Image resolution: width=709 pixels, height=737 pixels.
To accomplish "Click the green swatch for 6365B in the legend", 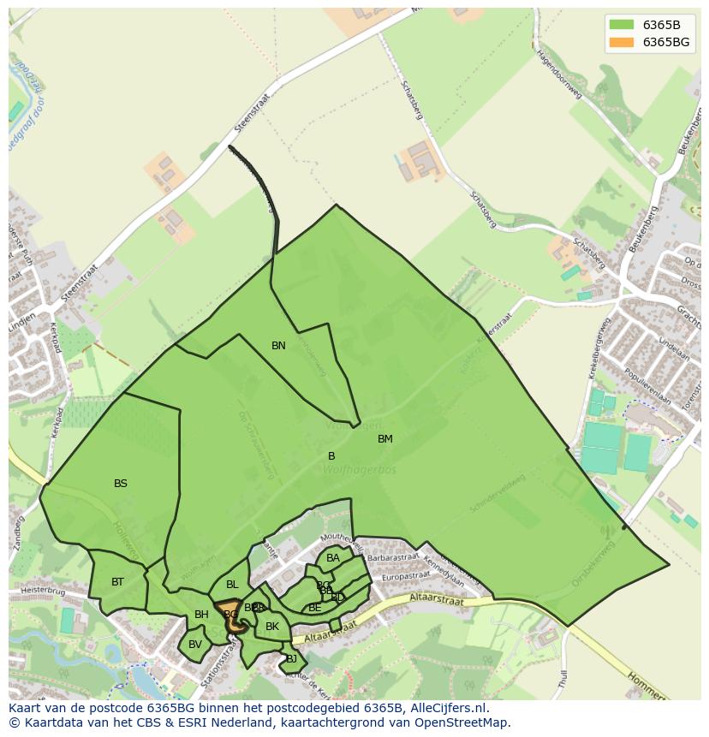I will tap(622, 24).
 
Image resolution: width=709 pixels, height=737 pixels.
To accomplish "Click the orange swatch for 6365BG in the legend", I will tap(622, 42).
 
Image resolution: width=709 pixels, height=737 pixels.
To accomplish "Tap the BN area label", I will tap(278, 346).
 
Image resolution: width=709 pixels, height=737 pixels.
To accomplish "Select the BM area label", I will tap(385, 439).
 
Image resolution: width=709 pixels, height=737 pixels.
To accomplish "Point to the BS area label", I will tap(121, 484).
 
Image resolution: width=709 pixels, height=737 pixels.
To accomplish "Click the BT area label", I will tap(117, 582).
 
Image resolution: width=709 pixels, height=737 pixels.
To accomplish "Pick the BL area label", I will tap(232, 585).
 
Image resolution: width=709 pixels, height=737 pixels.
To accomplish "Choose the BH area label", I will tap(201, 615).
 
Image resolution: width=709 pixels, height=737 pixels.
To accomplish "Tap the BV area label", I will tap(195, 645).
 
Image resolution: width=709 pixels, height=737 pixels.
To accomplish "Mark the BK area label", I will tap(272, 627).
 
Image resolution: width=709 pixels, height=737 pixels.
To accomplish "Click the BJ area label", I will tap(291, 658).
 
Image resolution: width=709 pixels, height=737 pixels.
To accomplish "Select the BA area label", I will tap(333, 558).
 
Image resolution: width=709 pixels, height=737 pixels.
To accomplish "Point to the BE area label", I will tap(315, 608).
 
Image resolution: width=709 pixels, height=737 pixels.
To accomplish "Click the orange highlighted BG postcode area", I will tap(232, 618).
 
